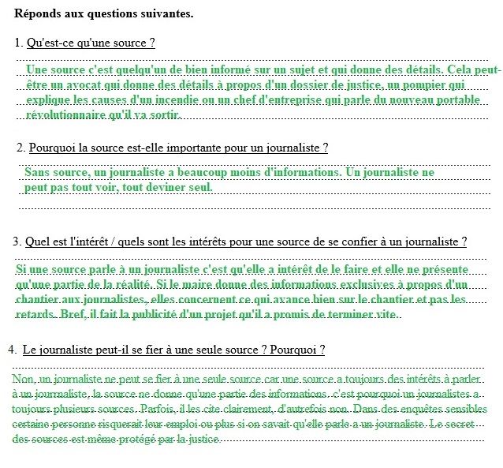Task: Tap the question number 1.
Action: click(17, 42)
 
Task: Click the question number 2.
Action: click(20, 148)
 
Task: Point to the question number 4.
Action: click(12, 349)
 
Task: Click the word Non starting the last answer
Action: click(23, 379)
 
